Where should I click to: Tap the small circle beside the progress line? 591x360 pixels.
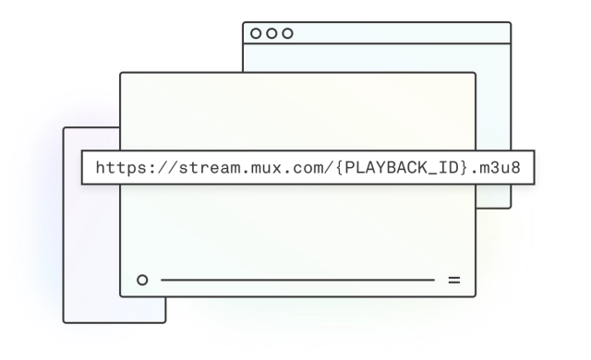coord(141,278)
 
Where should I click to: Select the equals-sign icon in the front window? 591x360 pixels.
coord(453,278)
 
